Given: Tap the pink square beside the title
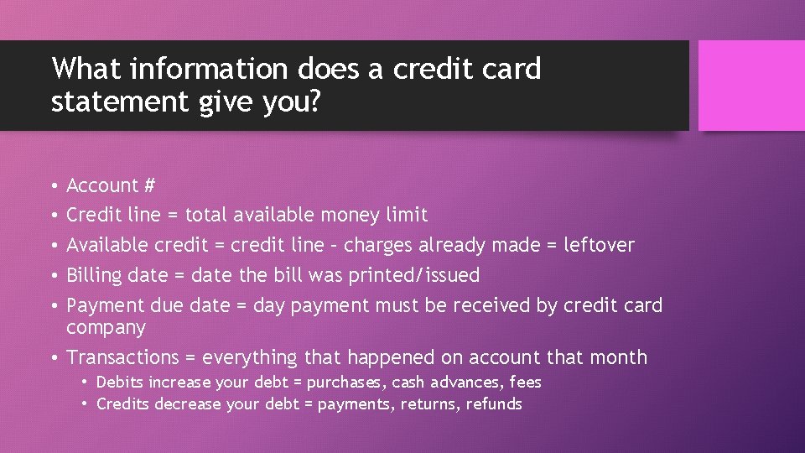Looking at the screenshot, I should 751,86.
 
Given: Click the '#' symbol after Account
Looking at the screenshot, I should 148,185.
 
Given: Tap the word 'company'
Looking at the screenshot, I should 106,327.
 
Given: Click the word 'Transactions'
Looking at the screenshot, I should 123,357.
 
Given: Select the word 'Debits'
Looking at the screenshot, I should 119,383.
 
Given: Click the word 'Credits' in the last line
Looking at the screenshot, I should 122,404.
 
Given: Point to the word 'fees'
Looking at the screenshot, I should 525,383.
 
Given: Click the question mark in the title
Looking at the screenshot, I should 314,102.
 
